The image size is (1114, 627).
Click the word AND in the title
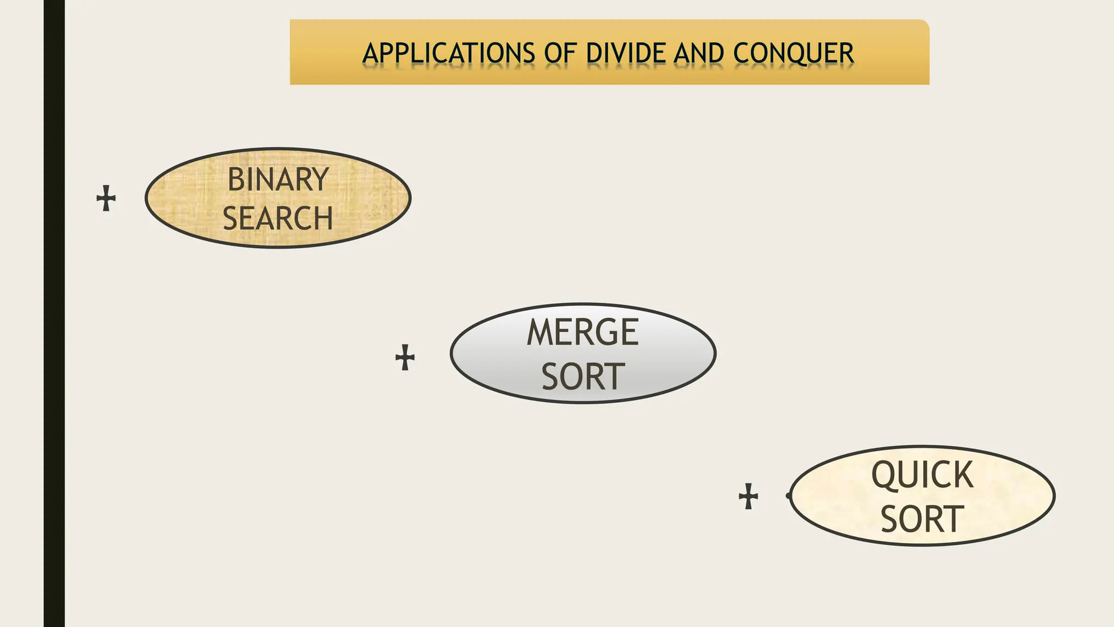[698, 53]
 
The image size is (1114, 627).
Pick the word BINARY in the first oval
[278, 179]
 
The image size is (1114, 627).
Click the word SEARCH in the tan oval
[278, 218]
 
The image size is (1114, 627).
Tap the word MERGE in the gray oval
[583, 332]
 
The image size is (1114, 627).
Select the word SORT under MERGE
[583, 376]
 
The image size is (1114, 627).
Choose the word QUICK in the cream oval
[922, 475]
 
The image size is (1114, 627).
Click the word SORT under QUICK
[922, 519]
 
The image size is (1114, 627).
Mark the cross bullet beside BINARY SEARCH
[106, 198]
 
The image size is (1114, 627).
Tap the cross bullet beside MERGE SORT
[405, 358]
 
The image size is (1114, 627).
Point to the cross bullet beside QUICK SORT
[748, 496]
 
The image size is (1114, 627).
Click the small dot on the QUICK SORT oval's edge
[789, 495]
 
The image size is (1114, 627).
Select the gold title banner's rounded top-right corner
[923, 25]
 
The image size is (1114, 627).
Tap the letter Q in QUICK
[884, 475]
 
